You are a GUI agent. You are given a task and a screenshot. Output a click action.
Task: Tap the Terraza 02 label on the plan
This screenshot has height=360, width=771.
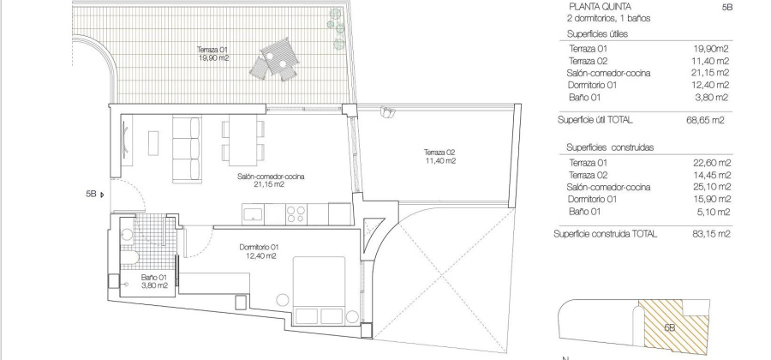(439, 156)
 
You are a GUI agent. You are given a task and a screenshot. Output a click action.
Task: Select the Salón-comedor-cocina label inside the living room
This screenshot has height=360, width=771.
(272, 179)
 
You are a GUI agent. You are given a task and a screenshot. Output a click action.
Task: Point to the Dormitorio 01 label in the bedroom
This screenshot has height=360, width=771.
(259, 250)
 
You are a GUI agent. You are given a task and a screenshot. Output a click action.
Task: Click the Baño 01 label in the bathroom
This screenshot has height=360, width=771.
(155, 280)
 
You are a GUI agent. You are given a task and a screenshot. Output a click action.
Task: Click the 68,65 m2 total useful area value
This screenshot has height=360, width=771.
(707, 121)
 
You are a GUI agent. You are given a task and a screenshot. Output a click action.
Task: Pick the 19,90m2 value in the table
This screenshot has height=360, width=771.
(711, 49)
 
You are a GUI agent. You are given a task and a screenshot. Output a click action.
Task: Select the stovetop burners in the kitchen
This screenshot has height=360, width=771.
(296, 211)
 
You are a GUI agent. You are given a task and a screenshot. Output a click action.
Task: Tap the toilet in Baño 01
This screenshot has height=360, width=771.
(125, 261)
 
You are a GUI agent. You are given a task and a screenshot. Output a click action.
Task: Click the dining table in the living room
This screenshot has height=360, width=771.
(242, 141)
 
